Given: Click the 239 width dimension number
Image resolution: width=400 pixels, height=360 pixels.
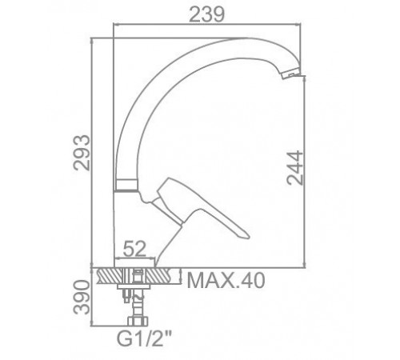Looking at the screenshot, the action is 206,14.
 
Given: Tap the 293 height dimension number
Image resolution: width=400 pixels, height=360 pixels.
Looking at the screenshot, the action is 82,153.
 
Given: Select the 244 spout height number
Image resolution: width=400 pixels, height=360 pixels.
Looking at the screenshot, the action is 295,168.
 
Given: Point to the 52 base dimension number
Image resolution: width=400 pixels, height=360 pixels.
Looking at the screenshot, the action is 134,249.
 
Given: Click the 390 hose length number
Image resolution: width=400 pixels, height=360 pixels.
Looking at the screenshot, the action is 82,298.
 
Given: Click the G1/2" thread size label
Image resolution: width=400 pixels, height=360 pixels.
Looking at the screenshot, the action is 144,338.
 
